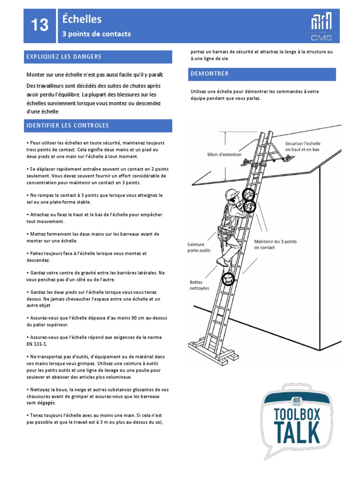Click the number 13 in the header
pos(40,25)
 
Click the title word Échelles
pos(82,19)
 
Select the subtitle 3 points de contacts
pos(97,34)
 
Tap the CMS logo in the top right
pos(322,26)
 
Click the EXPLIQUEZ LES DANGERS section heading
pos(64,57)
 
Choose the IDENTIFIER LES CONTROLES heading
pos(67,126)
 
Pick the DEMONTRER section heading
pos(210,74)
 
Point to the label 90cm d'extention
pos(224,154)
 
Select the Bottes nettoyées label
pos(199,285)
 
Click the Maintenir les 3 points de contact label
pos(276,244)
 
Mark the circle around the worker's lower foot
pos(228,278)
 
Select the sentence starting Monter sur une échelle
pos(95,75)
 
